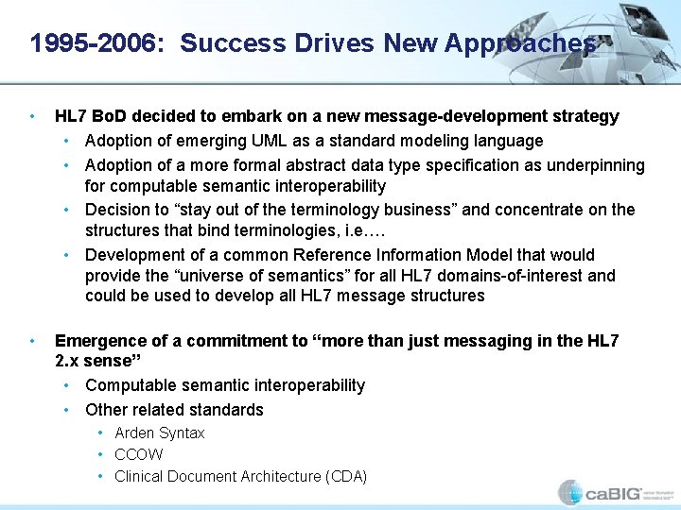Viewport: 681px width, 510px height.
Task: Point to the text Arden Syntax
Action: click(x=159, y=433)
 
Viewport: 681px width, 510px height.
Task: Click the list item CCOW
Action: click(x=138, y=454)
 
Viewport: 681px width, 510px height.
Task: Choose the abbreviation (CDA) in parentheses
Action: click(x=345, y=476)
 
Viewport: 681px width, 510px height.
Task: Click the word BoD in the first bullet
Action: click(x=108, y=116)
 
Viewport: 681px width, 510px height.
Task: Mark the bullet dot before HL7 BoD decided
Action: click(x=33, y=116)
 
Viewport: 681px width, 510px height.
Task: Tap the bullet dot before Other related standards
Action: click(x=68, y=410)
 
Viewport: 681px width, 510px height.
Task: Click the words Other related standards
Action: click(x=174, y=410)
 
